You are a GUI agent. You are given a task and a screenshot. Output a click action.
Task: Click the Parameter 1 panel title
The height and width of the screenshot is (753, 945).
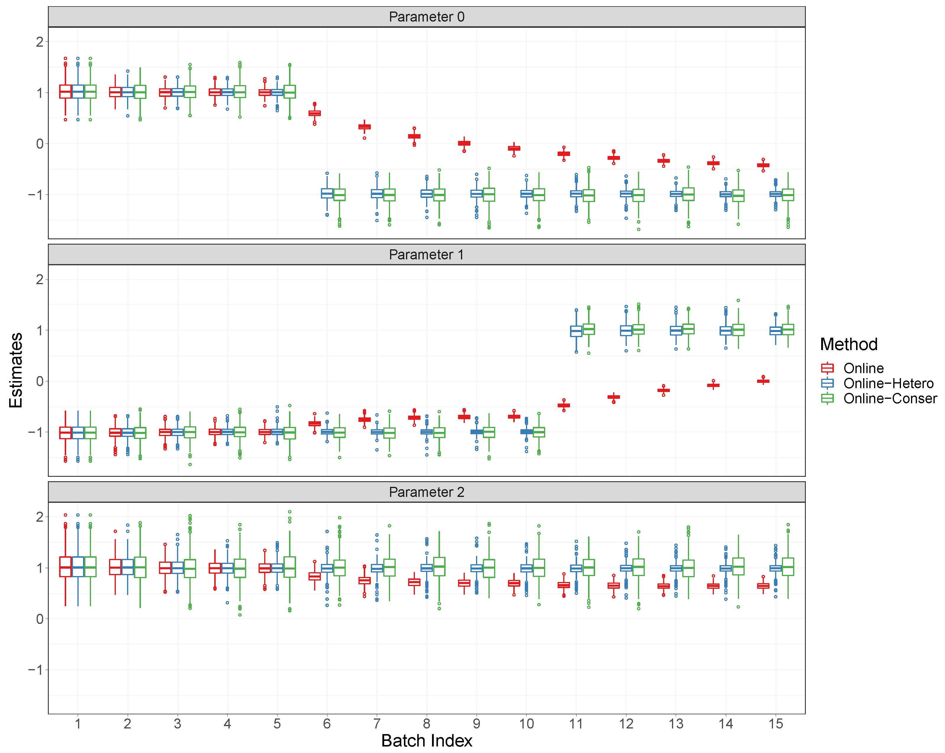point(426,255)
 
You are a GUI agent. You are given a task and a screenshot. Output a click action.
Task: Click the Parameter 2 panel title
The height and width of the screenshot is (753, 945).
point(426,492)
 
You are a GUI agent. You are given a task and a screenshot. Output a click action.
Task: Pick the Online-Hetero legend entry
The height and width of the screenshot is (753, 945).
point(888,383)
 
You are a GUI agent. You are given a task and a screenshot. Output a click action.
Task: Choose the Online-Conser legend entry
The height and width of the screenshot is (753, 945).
point(890,399)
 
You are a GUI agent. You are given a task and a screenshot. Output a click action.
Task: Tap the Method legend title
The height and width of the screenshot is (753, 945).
point(849,344)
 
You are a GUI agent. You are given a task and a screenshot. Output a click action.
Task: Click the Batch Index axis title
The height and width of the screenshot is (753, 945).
point(426,741)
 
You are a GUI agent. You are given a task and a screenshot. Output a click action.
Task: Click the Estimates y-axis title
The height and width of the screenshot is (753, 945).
point(16,370)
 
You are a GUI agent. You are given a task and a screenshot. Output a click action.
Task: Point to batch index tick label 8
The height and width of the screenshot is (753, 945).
point(426,724)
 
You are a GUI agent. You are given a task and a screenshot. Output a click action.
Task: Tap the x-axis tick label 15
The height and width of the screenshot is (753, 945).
point(775,724)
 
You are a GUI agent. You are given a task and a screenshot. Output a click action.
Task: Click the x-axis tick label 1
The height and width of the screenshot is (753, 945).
point(78,724)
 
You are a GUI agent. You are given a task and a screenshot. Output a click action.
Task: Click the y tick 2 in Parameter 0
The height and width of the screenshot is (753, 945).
point(39,42)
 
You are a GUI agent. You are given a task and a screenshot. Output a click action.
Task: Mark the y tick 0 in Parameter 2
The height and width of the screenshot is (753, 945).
point(39,619)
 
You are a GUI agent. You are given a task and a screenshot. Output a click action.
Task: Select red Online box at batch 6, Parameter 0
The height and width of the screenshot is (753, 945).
point(314,113)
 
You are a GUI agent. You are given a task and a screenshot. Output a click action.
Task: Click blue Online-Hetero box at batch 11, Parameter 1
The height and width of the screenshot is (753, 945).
point(576,331)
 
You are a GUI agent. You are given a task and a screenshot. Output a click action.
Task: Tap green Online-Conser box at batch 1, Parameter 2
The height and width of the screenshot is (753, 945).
point(90,567)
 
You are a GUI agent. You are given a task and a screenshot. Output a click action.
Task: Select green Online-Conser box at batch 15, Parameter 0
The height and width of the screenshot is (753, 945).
point(788,195)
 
